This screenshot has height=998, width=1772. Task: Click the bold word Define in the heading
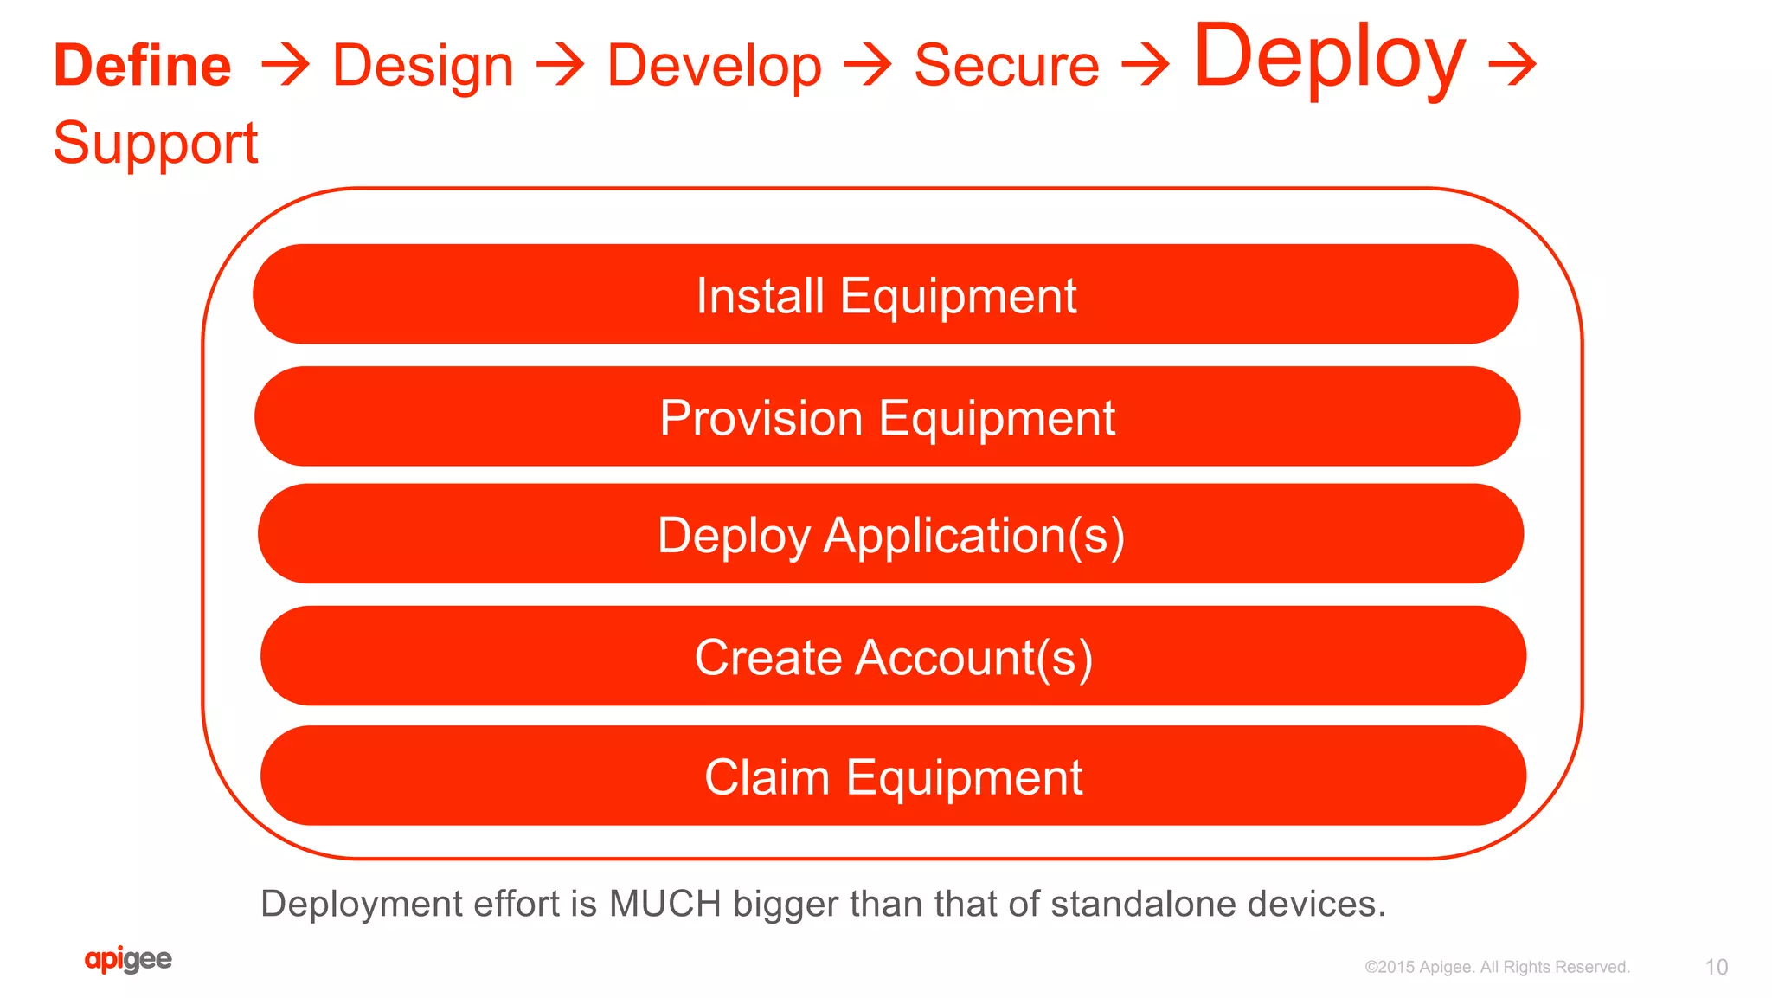143,66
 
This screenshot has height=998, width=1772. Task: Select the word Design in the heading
423,66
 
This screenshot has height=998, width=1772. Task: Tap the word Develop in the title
714,66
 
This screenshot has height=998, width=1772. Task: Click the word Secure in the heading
1006,66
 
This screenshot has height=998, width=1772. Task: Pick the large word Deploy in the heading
1329,57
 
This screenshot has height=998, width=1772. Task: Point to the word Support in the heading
156,143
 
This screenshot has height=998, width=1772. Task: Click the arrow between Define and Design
285,66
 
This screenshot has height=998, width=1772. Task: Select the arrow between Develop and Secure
868,66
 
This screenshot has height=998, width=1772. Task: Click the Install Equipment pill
885,295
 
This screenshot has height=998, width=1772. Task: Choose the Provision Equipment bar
887,417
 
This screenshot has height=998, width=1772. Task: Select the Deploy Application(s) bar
890,534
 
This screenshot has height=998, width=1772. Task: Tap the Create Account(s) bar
893,656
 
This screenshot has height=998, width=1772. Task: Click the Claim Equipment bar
893,776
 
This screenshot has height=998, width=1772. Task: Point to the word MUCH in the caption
664,904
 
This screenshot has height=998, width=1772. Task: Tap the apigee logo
128,960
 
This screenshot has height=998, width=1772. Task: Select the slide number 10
1716,967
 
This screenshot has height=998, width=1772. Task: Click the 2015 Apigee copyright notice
1497,967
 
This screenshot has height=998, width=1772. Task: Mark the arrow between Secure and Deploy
1146,66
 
